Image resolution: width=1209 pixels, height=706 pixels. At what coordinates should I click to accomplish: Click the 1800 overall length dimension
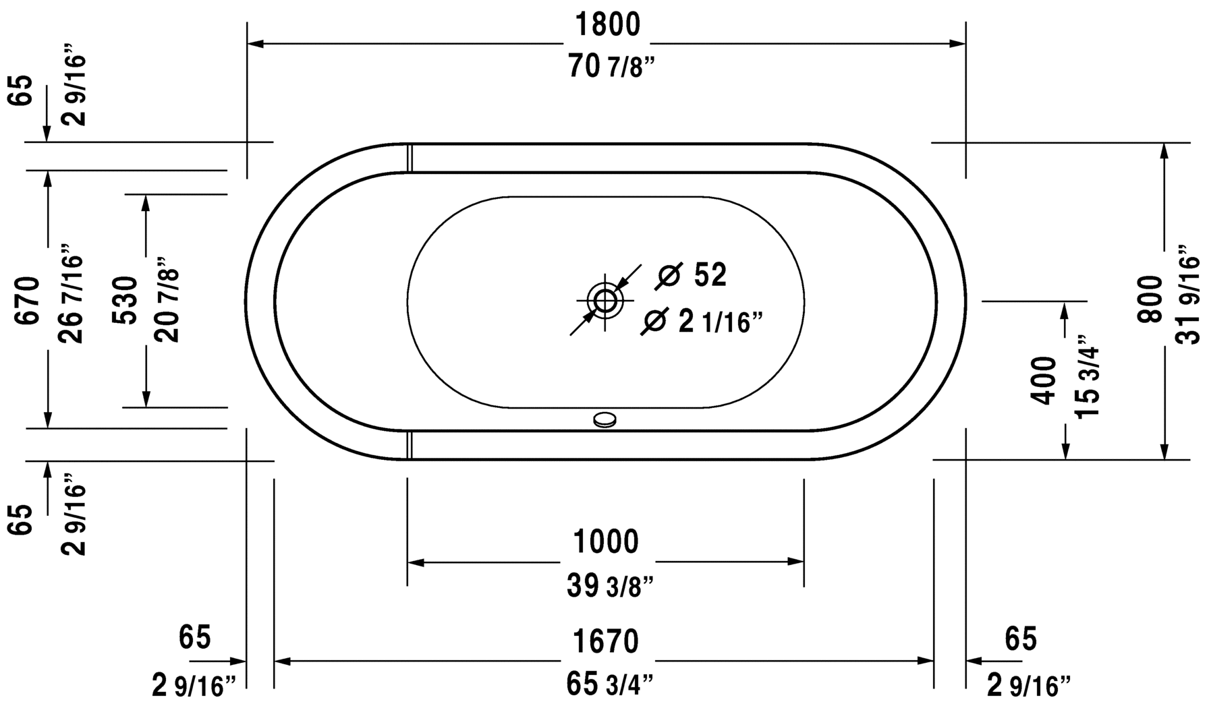pyautogui.click(x=607, y=26)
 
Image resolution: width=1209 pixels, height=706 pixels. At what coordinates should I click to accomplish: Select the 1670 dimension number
pyautogui.click(x=605, y=641)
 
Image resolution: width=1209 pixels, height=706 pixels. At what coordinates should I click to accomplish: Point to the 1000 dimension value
pyautogui.click(x=605, y=541)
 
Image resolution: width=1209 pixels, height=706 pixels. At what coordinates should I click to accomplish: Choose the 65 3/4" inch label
pyautogui.click(x=610, y=685)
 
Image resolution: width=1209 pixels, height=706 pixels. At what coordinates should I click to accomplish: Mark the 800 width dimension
pyautogui.click(x=1150, y=299)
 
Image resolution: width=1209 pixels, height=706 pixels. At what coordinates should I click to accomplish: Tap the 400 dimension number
pyautogui.click(x=1044, y=381)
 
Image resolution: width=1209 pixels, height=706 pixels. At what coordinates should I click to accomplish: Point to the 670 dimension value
pyautogui.click(x=30, y=301)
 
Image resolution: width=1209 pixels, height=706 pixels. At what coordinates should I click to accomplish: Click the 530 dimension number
pyautogui.click(x=125, y=300)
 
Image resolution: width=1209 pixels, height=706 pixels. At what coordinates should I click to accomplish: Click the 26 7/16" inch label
pyautogui.click(x=72, y=294)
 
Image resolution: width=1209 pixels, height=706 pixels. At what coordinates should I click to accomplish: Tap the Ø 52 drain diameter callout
pyautogui.click(x=692, y=274)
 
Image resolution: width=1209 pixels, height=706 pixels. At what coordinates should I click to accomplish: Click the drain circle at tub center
pyautogui.click(x=604, y=301)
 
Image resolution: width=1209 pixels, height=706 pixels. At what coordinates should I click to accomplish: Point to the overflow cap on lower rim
pyautogui.click(x=604, y=420)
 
